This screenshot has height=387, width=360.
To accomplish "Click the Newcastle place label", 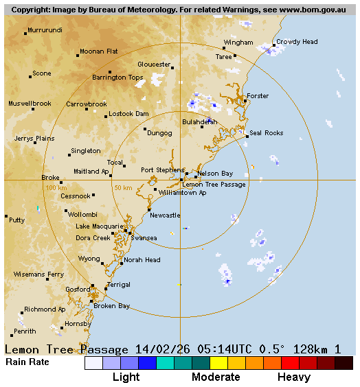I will [x=165, y=215].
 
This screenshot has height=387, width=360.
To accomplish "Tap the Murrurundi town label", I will [x=45, y=31].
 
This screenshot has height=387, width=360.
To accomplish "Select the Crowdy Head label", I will [x=297, y=42].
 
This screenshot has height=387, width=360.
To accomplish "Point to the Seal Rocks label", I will [x=267, y=133].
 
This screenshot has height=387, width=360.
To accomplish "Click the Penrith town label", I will [x=25, y=331].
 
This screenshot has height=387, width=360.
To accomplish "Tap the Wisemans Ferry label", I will [x=38, y=274].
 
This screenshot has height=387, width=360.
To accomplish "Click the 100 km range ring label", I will [x=56, y=187].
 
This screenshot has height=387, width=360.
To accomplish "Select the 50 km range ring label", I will [x=123, y=187].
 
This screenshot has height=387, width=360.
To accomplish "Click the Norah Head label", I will [x=142, y=260].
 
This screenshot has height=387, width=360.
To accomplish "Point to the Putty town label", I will [x=17, y=220].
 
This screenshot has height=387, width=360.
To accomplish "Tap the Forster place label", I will [x=258, y=96].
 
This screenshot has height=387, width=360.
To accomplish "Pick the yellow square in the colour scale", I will [x=218, y=363].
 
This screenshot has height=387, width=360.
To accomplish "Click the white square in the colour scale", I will [x=93, y=363].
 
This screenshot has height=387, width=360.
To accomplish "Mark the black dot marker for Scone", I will [x=30, y=76].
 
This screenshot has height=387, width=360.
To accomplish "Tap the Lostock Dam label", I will [x=128, y=114].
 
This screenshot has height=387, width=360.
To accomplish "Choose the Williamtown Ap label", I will [x=182, y=193].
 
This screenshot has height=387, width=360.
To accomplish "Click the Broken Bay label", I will [x=112, y=306].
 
